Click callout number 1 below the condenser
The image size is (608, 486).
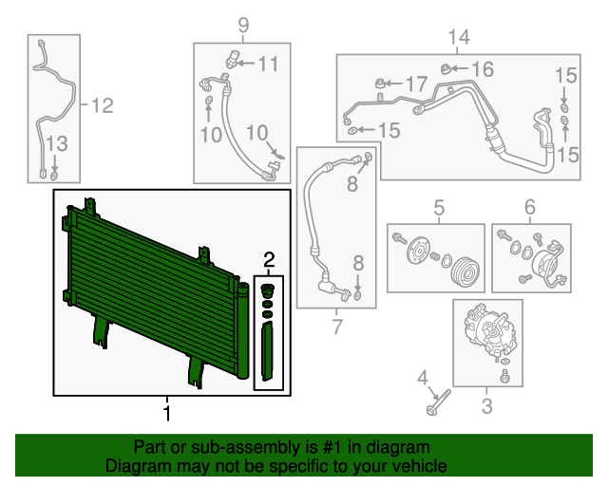pyautogui.click(x=167, y=413)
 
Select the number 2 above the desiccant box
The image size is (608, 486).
pyautogui.click(x=269, y=259)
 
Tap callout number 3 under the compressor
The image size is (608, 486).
pyautogui.click(x=486, y=409)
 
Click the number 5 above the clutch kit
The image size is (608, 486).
pyautogui.click(x=440, y=207)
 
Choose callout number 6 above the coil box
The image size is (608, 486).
pyautogui.click(x=530, y=207)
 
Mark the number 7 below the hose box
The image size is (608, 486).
pyautogui.click(x=336, y=327)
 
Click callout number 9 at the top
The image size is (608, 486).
pyautogui.click(x=242, y=25)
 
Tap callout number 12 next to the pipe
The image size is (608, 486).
pyautogui.click(x=101, y=106)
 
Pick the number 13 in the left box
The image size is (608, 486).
pyautogui.click(x=56, y=144)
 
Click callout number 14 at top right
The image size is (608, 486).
pyautogui.click(x=459, y=38)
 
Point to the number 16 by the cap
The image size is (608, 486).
pyautogui.click(x=483, y=68)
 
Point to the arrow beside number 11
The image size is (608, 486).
pyautogui.click(x=243, y=64)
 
